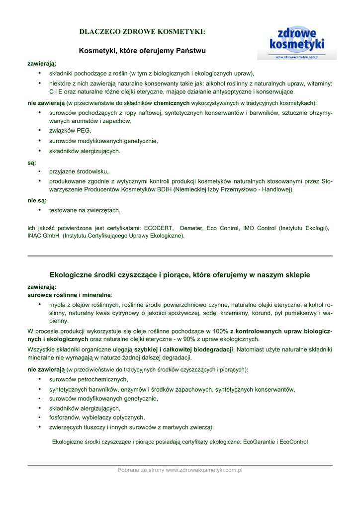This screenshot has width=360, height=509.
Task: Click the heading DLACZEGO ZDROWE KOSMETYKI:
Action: click(142, 32)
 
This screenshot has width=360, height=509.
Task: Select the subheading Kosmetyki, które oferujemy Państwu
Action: click(142, 51)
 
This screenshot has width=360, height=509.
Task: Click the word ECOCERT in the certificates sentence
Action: click(159, 228)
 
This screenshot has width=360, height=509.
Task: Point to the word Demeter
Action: click(191, 228)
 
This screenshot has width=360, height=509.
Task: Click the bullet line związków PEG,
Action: click(70, 131)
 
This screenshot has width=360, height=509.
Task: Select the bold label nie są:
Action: click(37, 201)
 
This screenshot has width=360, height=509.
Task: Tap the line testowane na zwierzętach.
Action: click(85, 210)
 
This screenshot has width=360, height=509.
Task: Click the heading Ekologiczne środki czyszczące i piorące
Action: click(180, 275)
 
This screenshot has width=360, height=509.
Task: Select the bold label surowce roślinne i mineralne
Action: click(69, 295)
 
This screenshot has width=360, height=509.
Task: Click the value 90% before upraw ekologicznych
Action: click(191, 339)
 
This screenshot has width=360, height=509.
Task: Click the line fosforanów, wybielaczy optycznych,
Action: click(97, 418)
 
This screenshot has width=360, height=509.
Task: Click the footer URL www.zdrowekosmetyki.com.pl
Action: click(204, 470)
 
